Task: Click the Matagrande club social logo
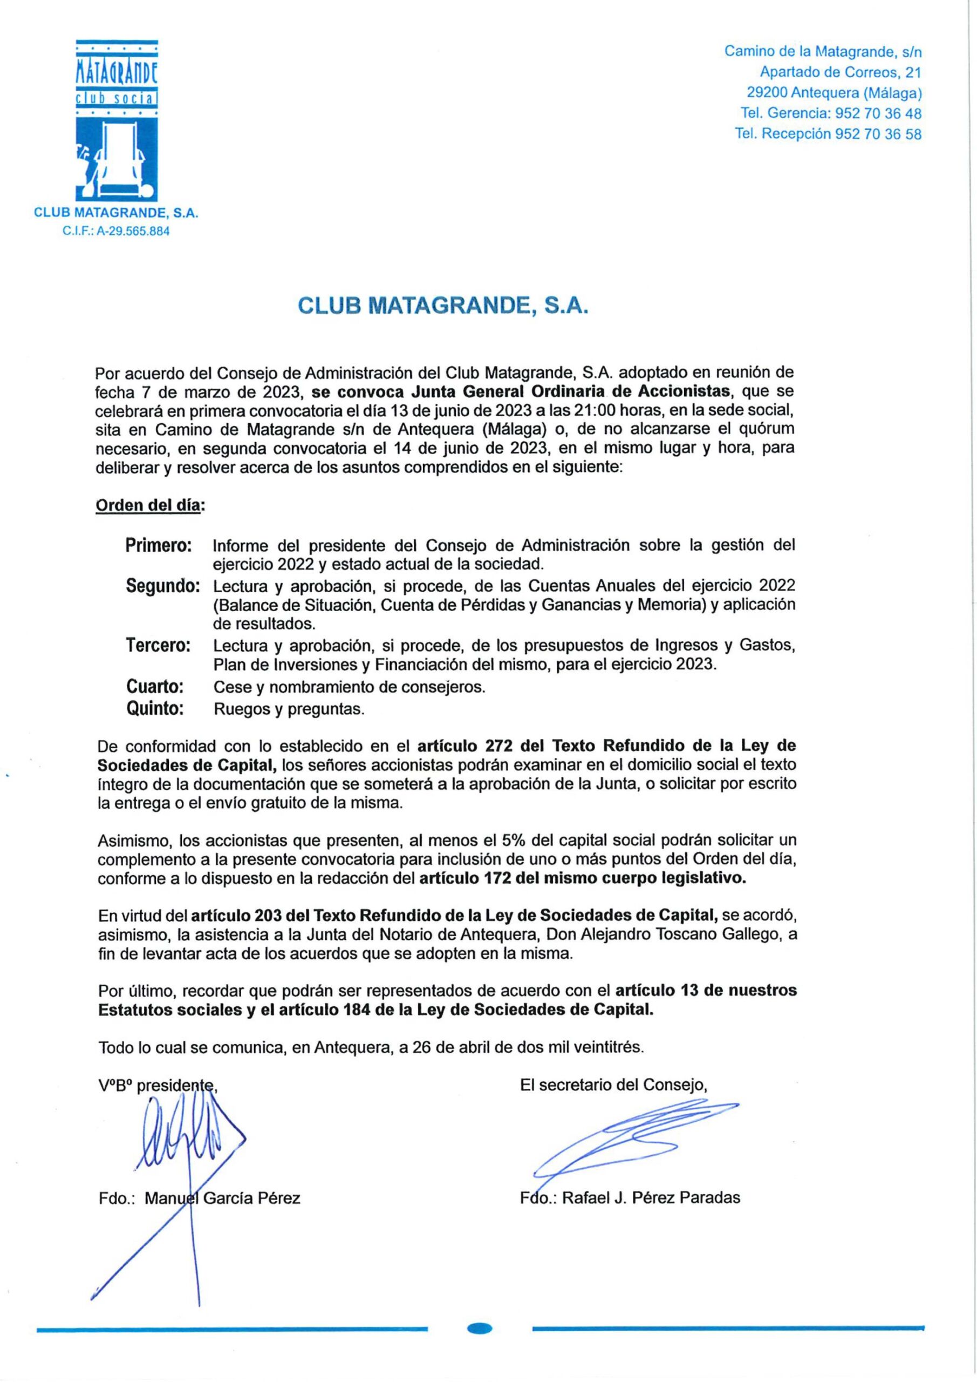tap(117, 120)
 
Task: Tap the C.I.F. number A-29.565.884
tap(116, 231)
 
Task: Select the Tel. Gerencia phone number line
tap(831, 113)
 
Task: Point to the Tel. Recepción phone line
tap(828, 134)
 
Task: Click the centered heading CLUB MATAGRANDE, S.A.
tap(442, 307)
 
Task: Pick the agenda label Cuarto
tap(155, 686)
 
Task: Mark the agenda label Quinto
tap(155, 708)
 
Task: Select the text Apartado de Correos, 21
tap(841, 72)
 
